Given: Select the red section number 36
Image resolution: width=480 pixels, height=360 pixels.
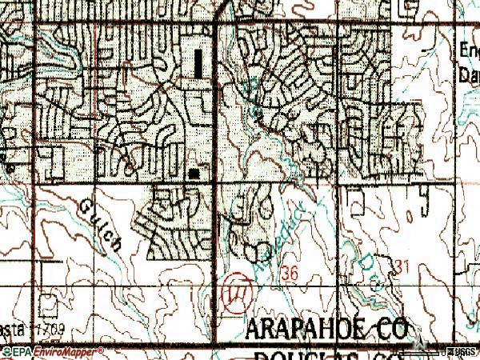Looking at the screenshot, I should tap(290, 274).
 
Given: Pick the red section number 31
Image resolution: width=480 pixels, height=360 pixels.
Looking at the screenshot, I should tap(402, 263).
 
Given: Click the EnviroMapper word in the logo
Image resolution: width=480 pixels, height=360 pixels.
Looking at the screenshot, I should tap(69, 351).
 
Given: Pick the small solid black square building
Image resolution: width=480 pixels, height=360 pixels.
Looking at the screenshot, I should tap(194, 172).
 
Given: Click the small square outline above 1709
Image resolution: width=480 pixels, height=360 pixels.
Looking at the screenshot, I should tap(50, 307).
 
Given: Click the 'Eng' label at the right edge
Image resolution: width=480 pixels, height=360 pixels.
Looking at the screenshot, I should tap(469, 50).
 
